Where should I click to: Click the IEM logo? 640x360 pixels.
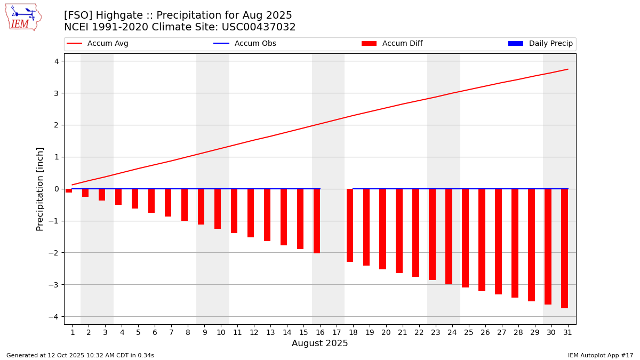click(x=23, y=17)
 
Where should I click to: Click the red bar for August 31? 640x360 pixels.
click(x=564, y=249)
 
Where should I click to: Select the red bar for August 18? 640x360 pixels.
click(x=350, y=225)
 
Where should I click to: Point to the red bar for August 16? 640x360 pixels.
click(x=317, y=221)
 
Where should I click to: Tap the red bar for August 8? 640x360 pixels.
click(x=185, y=205)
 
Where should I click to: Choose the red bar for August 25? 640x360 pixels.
click(x=465, y=238)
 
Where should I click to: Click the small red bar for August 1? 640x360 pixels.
click(x=69, y=190)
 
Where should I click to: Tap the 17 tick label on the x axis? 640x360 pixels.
click(x=337, y=332)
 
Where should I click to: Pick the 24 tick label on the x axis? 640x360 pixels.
click(x=452, y=332)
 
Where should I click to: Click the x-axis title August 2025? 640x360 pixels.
click(x=319, y=343)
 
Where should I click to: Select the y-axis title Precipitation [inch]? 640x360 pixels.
click(x=40, y=189)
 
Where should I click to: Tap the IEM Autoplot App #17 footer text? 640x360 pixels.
click(x=601, y=355)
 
